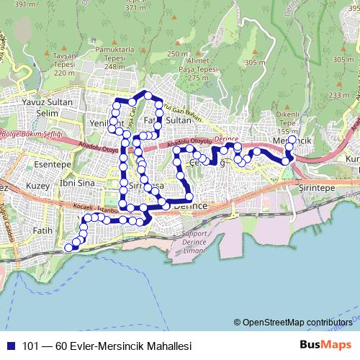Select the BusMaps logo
(x=325, y=345)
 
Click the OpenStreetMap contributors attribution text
(x=297, y=322)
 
